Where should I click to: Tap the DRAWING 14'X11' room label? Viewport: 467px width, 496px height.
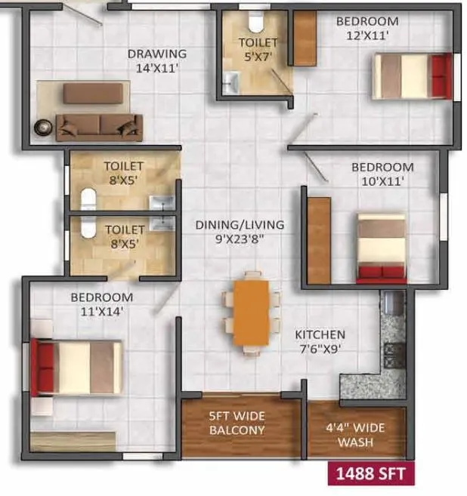(x=156, y=60)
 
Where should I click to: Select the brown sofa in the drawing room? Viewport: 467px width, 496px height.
(x=99, y=127)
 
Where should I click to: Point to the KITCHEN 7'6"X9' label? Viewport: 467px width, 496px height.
(x=320, y=340)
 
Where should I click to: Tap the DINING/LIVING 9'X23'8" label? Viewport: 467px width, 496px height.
(x=240, y=231)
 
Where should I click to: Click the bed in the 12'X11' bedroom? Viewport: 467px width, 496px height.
(x=413, y=75)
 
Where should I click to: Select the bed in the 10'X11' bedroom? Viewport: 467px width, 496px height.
(x=382, y=248)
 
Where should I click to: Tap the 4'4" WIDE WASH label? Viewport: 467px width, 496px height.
(x=355, y=433)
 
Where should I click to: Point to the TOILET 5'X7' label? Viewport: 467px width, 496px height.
(x=258, y=48)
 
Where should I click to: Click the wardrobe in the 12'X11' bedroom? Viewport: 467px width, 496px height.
(x=304, y=38)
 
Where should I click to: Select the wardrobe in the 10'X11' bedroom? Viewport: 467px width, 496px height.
(x=319, y=240)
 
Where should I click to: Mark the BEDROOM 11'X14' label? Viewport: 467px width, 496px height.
(x=101, y=303)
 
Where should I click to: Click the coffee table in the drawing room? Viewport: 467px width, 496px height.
(x=92, y=93)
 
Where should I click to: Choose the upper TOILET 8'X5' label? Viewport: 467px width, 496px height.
(x=125, y=172)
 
